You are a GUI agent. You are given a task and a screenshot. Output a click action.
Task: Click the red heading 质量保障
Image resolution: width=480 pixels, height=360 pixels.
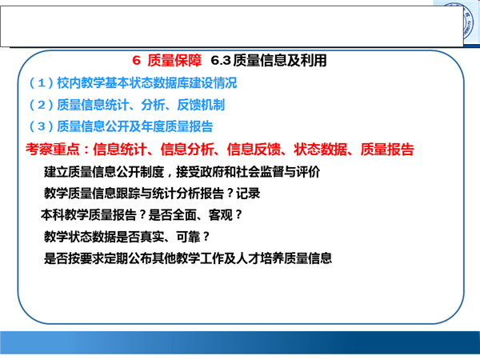[x=174, y=60]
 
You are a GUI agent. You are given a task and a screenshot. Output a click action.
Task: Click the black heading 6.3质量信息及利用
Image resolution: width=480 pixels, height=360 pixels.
[x=269, y=60]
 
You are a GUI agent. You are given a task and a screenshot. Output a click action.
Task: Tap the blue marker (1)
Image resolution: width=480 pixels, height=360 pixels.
[x=42, y=83]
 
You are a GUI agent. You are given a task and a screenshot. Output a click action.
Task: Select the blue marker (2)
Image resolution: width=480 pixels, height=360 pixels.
[x=42, y=105]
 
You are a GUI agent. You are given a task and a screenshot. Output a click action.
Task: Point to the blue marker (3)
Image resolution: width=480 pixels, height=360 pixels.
[x=42, y=126]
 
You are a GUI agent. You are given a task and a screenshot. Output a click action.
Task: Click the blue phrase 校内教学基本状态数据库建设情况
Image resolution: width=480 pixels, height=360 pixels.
[x=147, y=83]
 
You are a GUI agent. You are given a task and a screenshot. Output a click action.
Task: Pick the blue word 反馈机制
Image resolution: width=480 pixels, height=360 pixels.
[x=201, y=105]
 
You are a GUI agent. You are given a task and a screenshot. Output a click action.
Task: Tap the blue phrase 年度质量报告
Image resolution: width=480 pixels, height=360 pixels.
[x=177, y=126]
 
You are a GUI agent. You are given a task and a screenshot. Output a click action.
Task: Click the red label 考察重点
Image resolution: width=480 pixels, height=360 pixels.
[x=52, y=150]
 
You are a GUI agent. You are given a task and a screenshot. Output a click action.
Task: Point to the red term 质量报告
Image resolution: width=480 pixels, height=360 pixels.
[x=387, y=150]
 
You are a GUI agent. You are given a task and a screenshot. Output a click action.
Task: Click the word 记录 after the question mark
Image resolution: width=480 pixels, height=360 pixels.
[x=248, y=194]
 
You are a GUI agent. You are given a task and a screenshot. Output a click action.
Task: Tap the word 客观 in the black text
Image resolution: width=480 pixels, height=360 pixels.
[x=221, y=215]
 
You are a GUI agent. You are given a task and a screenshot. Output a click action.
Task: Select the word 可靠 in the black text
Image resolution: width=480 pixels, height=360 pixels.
[x=189, y=237]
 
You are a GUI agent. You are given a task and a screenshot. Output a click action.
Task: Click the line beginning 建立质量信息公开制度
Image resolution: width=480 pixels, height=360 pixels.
[x=182, y=172]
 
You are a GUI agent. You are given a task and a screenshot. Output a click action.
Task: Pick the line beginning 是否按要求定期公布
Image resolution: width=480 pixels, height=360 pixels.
[x=188, y=258]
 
